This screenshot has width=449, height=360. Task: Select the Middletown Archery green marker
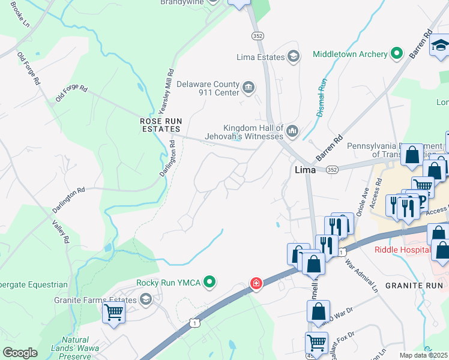pos(396,55)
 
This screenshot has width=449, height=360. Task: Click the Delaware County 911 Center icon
pos(248,88)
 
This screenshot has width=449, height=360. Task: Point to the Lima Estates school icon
pos(294,57)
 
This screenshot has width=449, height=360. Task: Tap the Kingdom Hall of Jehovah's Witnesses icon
pos(292,130)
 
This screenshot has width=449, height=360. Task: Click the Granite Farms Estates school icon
pos(146,299)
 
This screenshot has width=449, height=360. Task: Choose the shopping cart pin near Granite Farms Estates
pos(113,312)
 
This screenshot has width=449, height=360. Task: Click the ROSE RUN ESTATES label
pos(160,125)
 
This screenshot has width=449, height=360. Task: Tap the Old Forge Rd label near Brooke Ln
pos(28,67)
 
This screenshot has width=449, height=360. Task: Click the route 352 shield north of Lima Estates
pos(258,36)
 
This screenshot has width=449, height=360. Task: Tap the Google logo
pos(20,352)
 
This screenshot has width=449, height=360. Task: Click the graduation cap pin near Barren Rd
pos(439,46)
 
